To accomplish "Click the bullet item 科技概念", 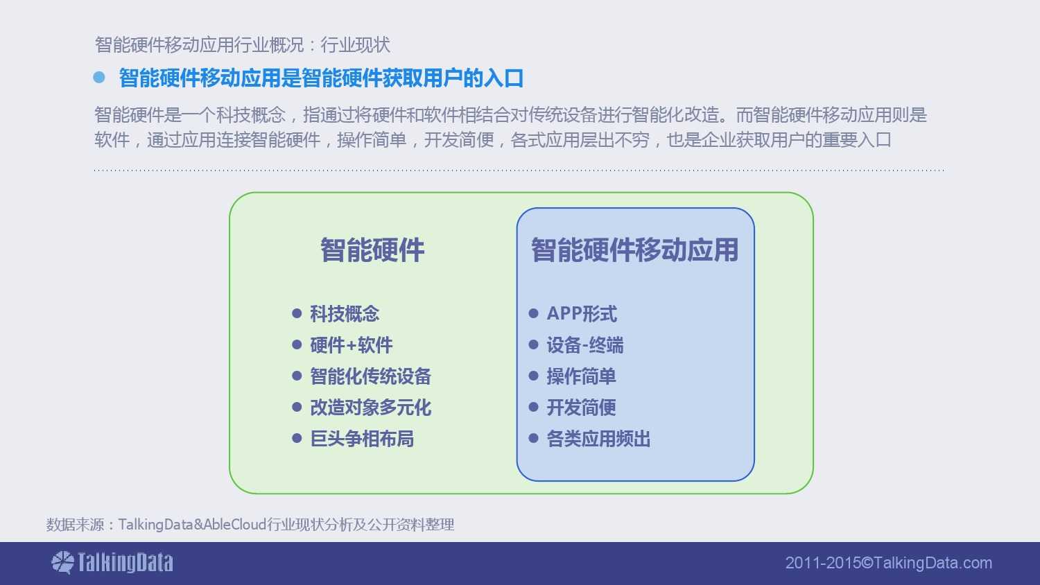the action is click(345, 314).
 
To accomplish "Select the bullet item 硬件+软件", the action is click(352, 345).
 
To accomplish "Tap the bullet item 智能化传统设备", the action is click(370, 376).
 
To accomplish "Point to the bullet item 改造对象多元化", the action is click(370, 407).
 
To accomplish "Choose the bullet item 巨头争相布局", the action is click(362, 438).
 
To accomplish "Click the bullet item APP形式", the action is click(582, 314).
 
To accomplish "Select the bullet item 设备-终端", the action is click(585, 345).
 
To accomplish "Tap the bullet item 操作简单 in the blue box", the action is click(581, 376).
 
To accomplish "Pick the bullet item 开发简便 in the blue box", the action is click(581, 407).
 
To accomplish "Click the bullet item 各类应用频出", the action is click(598, 438).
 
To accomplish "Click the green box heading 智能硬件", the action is click(372, 250).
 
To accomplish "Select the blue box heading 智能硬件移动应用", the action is click(634, 250).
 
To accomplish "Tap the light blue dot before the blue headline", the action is click(99, 77).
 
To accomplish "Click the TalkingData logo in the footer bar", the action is click(112, 562).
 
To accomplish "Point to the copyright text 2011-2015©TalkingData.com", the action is click(889, 563).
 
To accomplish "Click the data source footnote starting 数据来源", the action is click(250, 524).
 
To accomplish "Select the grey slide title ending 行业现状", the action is click(243, 44).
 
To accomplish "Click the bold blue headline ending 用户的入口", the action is click(321, 78).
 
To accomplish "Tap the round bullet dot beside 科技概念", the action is click(297, 313).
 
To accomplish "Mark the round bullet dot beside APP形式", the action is click(533, 313).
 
